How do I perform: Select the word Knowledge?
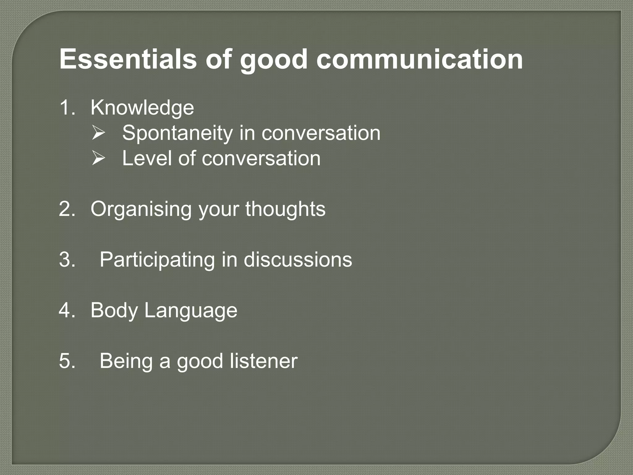coord(142,108)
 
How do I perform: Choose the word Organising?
coord(141,209)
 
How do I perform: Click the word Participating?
coord(157,260)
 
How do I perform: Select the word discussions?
coord(298,259)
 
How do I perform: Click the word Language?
coord(191,310)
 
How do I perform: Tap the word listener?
coord(263,361)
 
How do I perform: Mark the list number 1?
coord(67,108)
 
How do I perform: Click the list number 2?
coord(67,209)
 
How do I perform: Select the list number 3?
coord(67,259)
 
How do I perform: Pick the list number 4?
coord(67,310)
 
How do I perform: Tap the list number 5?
coord(67,361)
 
